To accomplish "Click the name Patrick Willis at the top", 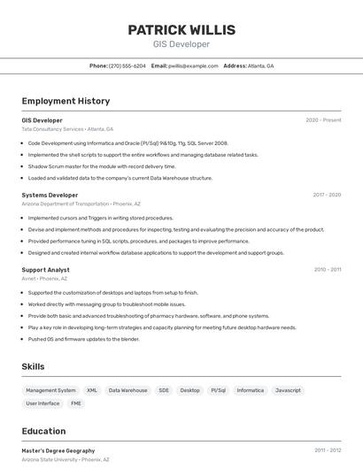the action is point(181,29).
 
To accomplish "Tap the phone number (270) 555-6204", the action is point(127,66).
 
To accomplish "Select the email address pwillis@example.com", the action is point(193,66).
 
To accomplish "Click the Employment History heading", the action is point(66,102).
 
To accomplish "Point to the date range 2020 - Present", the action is point(323,120).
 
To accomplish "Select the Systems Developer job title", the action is point(50,195).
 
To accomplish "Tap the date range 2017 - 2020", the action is point(327,195).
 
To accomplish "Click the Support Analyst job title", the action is point(45,270).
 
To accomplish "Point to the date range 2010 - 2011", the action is point(328,270).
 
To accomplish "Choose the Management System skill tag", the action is point(50,390).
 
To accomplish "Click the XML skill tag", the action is point(92,390).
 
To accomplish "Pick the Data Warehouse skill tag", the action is point(128,390).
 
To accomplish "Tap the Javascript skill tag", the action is point(288,390).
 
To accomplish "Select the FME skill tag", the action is point(76,404).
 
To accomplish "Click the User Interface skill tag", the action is point(42,404).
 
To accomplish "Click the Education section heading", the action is point(43,432).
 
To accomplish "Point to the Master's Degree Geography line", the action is point(58,450).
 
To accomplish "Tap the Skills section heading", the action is point(33,366).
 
